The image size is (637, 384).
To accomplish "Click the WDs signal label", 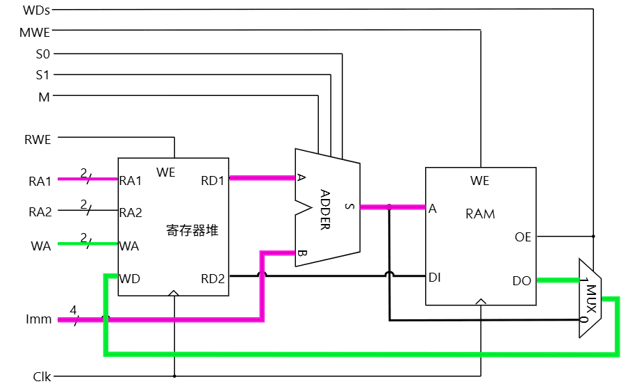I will [x=36, y=10].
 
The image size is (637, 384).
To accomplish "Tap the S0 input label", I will [x=43, y=54].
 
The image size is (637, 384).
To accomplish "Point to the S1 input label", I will [x=43, y=75].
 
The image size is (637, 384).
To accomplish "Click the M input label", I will [x=44, y=97].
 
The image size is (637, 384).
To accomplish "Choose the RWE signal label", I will [x=38, y=139].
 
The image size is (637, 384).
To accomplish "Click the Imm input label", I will [x=39, y=320].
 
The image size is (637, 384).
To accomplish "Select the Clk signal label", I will [x=42, y=376].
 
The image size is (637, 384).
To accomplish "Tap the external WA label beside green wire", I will [x=40, y=246].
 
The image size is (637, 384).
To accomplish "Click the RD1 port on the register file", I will [x=213, y=181].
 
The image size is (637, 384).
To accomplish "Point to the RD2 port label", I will [x=213, y=279].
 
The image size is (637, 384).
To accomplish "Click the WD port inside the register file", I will [x=130, y=279].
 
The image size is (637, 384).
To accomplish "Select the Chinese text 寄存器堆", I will [x=192, y=230].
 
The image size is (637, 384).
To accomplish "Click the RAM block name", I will [x=480, y=214].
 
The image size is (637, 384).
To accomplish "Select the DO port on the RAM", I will [x=522, y=281].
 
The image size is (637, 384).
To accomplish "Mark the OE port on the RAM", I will [x=522, y=237].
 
